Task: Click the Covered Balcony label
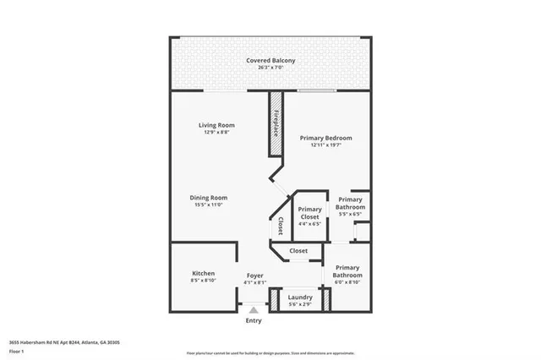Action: (270, 61)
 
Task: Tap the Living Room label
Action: (216, 125)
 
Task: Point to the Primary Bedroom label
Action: (326, 138)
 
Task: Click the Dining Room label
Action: (210, 198)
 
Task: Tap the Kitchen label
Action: (203, 274)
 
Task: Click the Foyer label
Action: (254, 275)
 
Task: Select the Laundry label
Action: (300, 297)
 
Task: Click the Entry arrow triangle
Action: (253, 310)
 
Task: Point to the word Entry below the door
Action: (254, 320)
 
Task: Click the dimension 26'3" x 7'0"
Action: (270, 68)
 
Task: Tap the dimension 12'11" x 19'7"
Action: (326, 145)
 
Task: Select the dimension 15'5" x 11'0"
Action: (210, 205)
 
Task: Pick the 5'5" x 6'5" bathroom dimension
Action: (350, 215)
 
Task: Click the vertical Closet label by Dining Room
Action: (280, 226)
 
